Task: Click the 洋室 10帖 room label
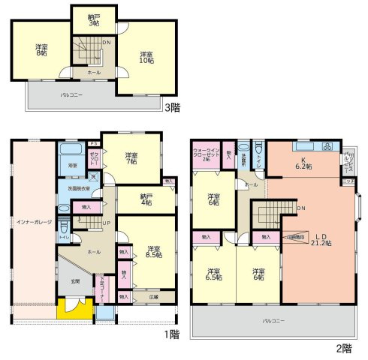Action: click(147, 58)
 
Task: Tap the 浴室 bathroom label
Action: click(73, 164)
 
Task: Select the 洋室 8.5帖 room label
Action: click(154, 252)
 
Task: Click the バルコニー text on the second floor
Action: click(273, 321)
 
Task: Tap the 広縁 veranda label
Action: click(154, 296)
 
